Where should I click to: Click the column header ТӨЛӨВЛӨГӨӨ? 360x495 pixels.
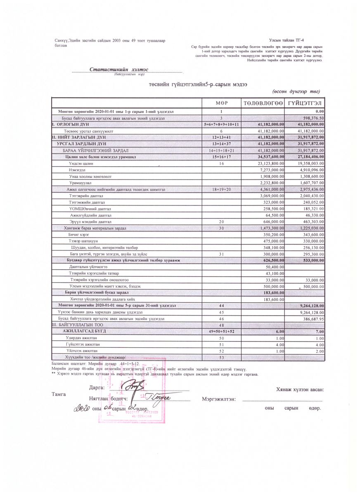tap(263, 102)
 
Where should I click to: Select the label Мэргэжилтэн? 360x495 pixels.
tap(219, 399)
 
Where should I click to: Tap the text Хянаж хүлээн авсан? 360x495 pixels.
tap(300, 390)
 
